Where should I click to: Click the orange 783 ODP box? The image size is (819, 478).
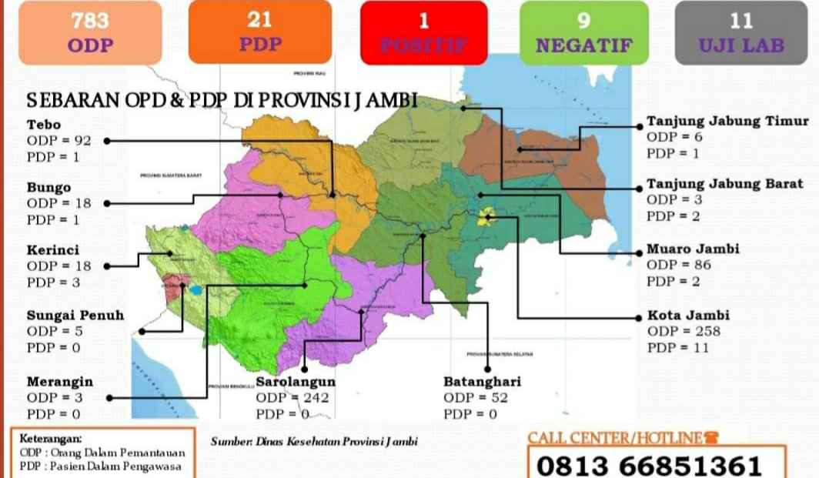(x=91, y=32)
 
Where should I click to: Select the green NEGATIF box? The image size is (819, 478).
(x=583, y=32)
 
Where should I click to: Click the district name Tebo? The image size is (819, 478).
(x=44, y=125)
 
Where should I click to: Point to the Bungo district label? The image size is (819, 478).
(x=48, y=188)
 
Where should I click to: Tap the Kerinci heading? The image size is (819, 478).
(x=53, y=250)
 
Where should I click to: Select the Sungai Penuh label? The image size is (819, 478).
(x=75, y=315)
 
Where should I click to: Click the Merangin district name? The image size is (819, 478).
(x=60, y=382)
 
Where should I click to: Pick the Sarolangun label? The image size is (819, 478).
(x=296, y=381)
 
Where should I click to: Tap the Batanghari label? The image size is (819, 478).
(x=482, y=381)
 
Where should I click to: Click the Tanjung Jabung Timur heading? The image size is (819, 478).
(x=727, y=121)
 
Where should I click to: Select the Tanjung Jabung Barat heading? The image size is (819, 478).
(x=724, y=184)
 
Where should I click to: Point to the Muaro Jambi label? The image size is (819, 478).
(x=693, y=249)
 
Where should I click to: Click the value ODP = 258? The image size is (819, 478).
(x=684, y=332)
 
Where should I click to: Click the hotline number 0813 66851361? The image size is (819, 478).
(x=649, y=465)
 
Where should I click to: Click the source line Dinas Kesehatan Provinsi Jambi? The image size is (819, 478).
(x=316, y=442)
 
